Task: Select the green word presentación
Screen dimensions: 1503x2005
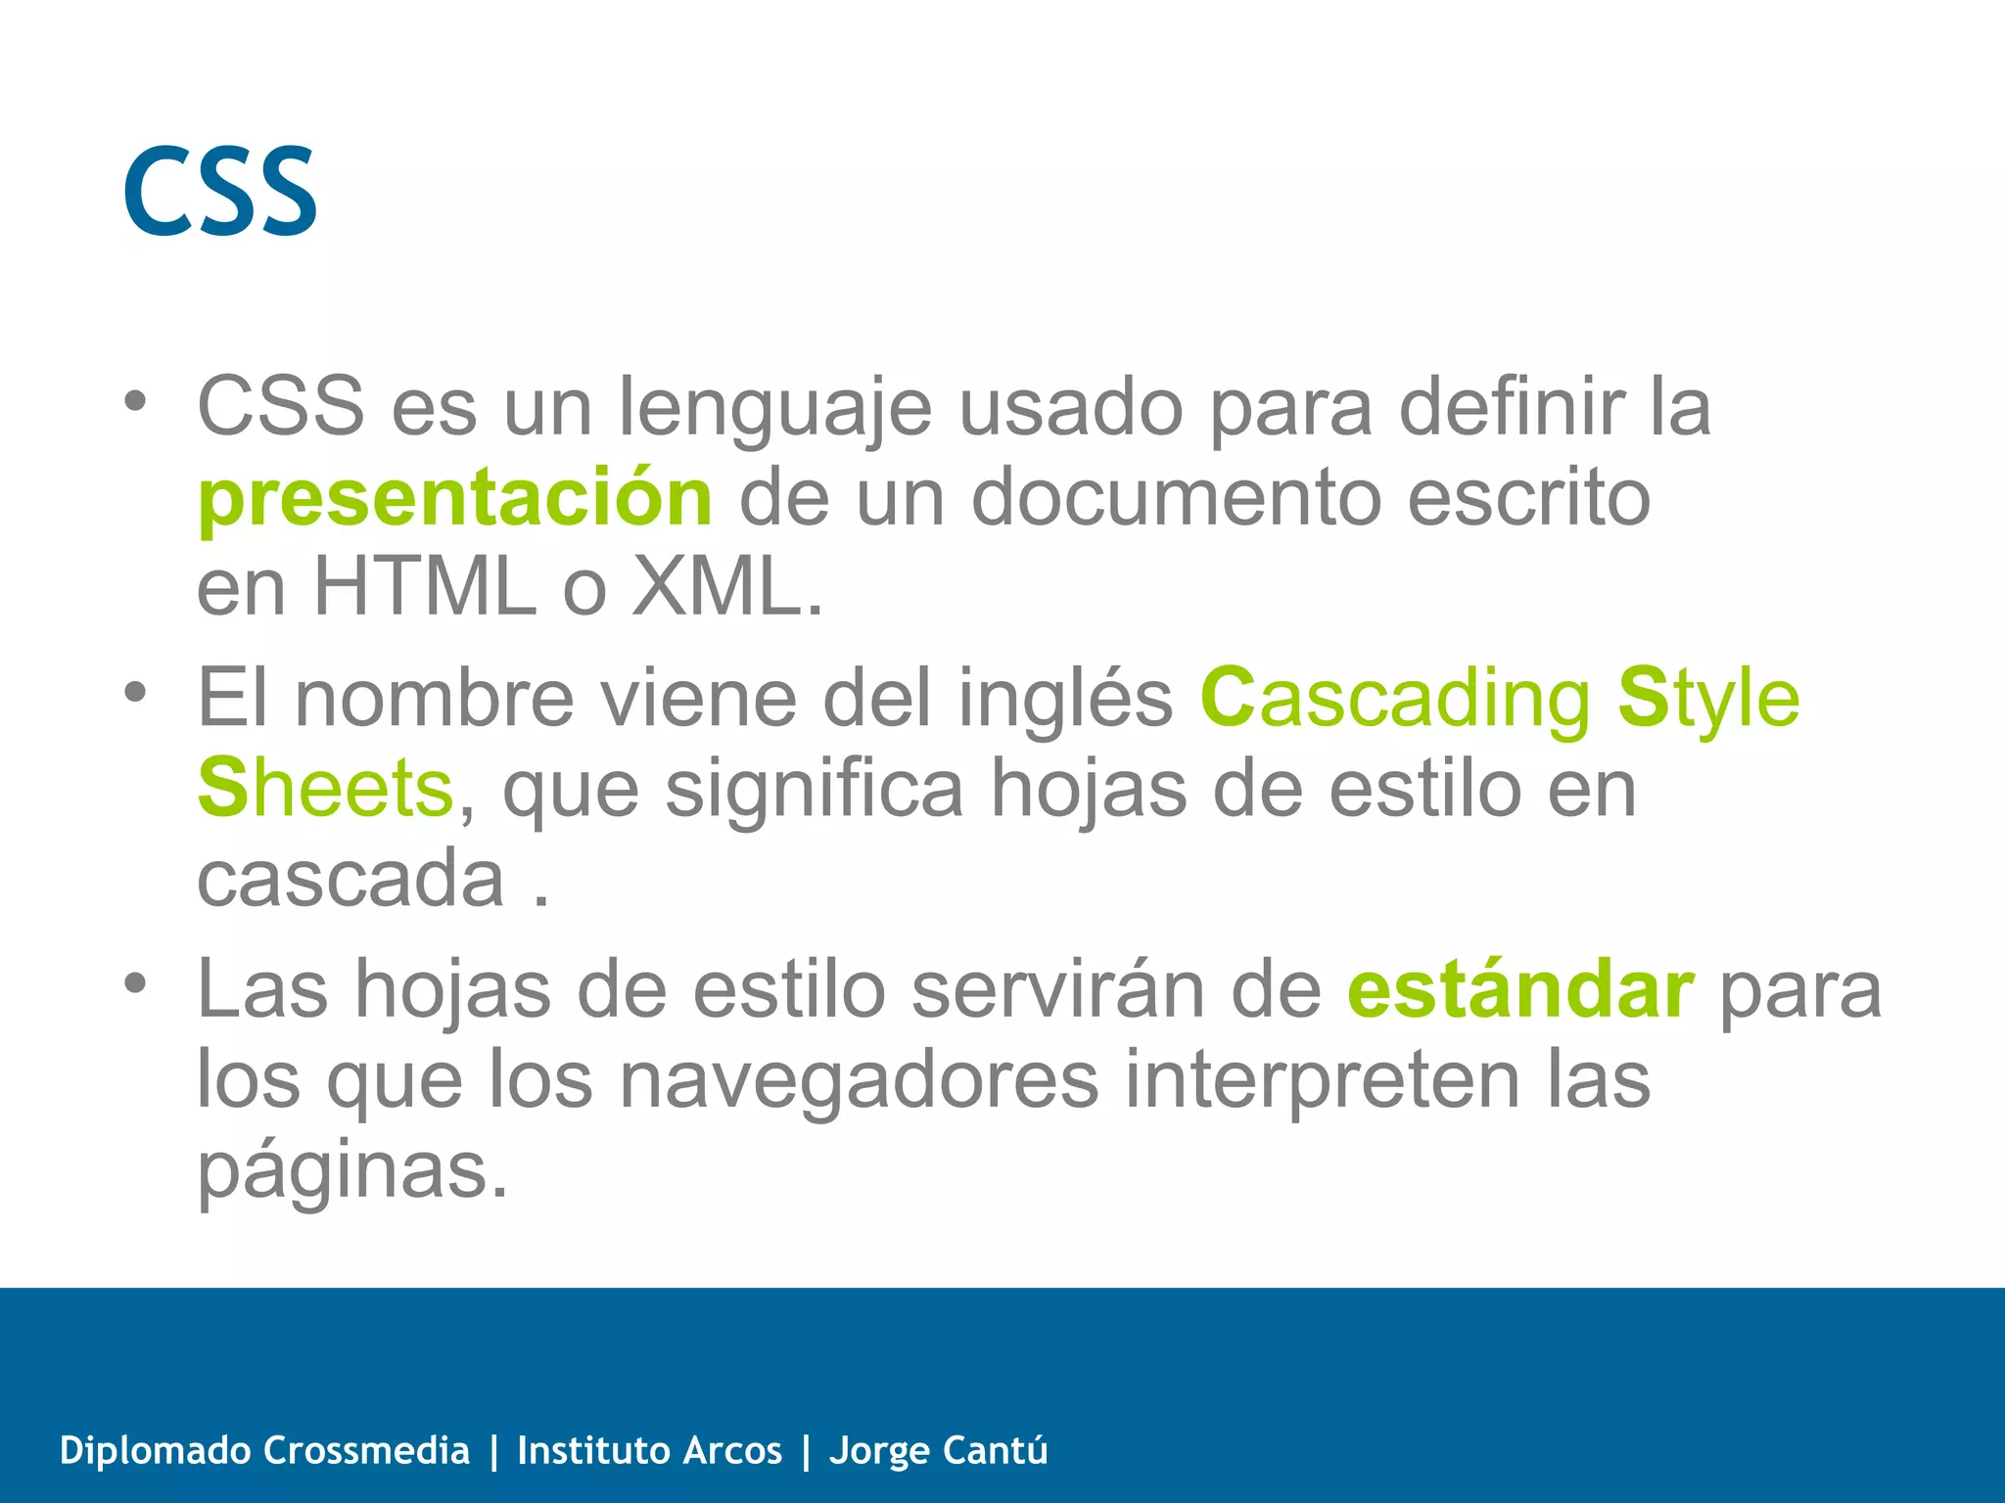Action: click(455, 499)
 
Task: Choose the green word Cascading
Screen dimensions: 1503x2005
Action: click(1396, 699)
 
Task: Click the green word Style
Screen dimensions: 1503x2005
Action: click(1708, 699)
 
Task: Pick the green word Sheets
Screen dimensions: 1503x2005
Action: click(325, 789)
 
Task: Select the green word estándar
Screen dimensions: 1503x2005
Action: click(1519, 990)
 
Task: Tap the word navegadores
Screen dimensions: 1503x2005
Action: click(860, 1080)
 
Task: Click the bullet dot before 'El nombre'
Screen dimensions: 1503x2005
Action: click(135, 692)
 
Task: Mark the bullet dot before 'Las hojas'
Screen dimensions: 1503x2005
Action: click(135, 982)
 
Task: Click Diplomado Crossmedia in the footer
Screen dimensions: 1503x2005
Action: click(264, 1450)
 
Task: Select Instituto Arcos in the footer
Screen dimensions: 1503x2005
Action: click(649, 1450)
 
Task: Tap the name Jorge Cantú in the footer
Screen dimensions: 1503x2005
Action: click(938, 1450)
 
